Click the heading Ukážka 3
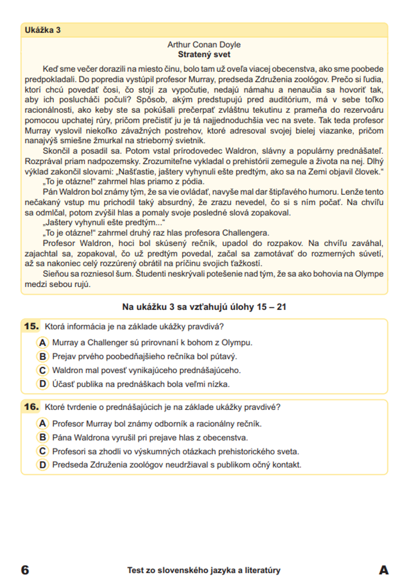(x=43, y=30)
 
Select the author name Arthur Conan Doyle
(x=204, y=45)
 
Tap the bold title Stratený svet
(x=204, y=55)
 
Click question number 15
(x=31, y=326)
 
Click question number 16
(x=31, y=407)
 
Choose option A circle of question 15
(x=42, y=343)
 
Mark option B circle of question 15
(x=42, y=356)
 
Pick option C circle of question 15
(x=42, y=370)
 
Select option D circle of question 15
(x=42, y=384)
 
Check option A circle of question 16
(x=42, y=424)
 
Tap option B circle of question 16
(x=42, y=437)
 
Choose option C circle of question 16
(x=42, y=451)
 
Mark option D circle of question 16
(x=42, y=465)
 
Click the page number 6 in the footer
(x=25, y=570)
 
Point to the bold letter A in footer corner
(x=383, y=570)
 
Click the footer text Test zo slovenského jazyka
(x=203, y=570)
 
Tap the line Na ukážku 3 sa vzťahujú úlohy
(x=204, y=307)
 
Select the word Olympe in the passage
(x=369, y=274)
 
